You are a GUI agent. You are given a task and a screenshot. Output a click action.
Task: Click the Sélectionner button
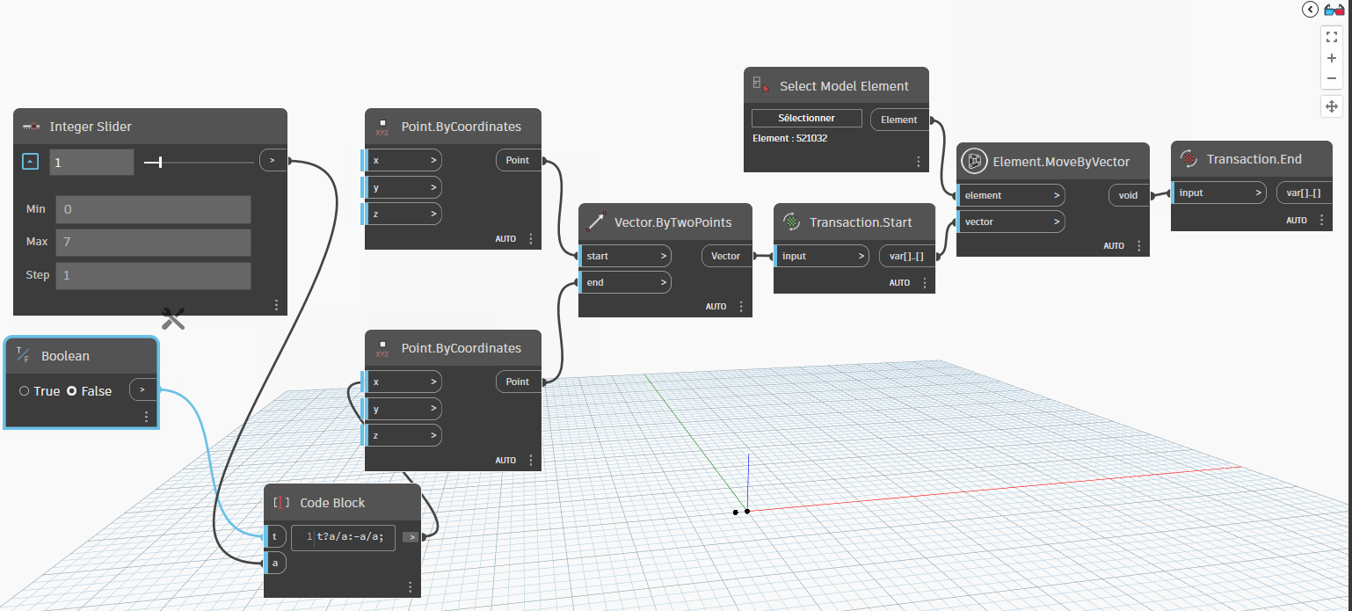click(807, 118)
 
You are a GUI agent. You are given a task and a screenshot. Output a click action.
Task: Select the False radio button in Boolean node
click(72, 391)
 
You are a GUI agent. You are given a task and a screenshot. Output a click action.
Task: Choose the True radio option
click(25, 391)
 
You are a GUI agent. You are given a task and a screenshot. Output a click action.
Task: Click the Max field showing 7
click(153, 242)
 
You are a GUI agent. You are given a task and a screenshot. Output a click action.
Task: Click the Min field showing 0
click(153, 209)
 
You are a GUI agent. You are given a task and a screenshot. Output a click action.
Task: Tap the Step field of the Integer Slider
click(153, 275)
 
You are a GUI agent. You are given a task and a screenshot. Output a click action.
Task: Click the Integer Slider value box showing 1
click(91, 162)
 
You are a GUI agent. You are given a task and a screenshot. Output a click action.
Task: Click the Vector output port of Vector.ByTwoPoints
click(725, 256)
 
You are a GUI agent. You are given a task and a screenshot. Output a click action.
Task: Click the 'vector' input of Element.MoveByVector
click(1011, 222)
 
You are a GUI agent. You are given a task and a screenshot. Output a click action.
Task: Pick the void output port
click(1127, 195)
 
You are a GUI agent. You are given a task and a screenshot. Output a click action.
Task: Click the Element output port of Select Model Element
click(898, 120)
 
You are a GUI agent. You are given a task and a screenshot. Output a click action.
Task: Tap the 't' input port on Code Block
click(274, 536)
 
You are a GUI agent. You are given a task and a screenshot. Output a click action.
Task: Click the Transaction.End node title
click(1254, 159)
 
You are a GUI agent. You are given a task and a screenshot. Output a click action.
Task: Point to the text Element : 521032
click(789, 138)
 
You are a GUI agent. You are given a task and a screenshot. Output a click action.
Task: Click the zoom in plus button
click(1331, 58)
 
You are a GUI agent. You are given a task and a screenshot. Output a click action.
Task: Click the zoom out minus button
click(1331, 78)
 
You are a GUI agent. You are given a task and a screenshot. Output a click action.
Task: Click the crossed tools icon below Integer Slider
click(173, 319)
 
